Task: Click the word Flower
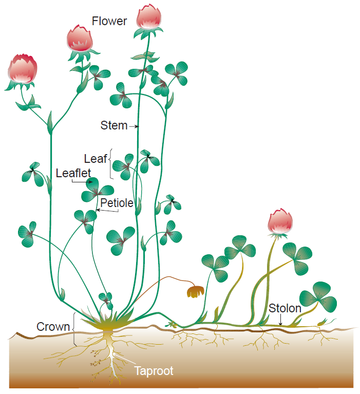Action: (109, 22)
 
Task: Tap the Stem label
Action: (114, 125)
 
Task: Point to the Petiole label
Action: (117, 203)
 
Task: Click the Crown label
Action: (53, 327)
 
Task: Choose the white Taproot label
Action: (154, 371)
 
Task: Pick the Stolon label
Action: (285, 309)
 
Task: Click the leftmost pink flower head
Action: (22, 68)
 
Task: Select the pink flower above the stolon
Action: (280, 221)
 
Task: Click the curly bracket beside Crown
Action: (75, 329)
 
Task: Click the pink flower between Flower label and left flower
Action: (80, 40)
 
